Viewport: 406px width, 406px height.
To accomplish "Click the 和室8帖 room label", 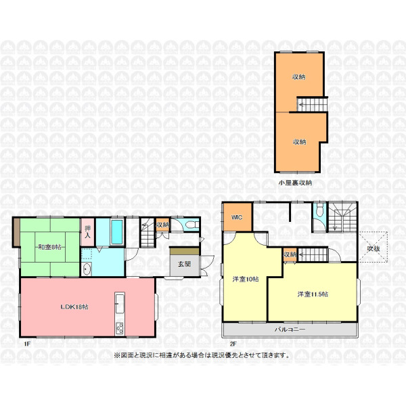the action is [x=49, y=247].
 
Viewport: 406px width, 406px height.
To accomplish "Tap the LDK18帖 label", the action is [x=74, y=307].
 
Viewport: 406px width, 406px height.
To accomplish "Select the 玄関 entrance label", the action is [x=184, y=264].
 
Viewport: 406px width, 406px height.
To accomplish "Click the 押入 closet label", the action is [x=88, y=232].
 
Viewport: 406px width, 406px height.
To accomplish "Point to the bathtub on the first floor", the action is [x=116, y=231].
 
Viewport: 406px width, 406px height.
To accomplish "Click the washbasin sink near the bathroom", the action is [x=86, y=269].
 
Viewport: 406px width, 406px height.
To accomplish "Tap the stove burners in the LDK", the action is [x=120, y=329].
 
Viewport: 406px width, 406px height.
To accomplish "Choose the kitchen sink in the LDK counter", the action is [x=120, y=303].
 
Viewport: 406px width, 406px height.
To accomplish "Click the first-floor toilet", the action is [x=191, y=225].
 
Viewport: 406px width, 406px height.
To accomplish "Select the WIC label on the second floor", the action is [x=237, y=217].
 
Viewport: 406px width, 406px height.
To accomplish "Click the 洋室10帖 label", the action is [x=245, y=279].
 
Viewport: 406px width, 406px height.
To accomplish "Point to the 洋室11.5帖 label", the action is [x=313, y=294].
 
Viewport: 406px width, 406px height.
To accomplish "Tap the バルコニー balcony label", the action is [x=290, y=330].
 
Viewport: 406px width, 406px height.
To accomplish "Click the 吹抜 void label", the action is [x=374, y=248].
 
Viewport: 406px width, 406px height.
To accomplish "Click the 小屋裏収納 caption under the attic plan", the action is [x=295, y=183].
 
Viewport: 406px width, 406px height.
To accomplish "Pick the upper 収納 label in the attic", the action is [x=298, y=77].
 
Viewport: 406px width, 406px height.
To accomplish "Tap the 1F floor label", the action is [x=27, y=344].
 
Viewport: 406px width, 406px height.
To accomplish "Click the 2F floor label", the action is [x=233, y=344].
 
